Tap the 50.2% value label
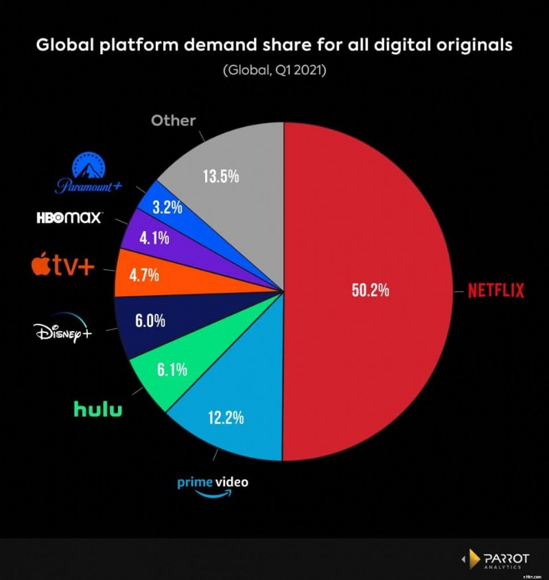point(370,290)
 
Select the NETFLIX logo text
point(495,290)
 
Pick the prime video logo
point(213,484)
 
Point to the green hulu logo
point(98,409)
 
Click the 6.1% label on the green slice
point(172,370)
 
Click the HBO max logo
point(69,218)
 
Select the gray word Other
point(173,120)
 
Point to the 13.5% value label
point(220,176)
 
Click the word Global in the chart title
point(62,46)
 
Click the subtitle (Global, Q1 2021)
point(274,71)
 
